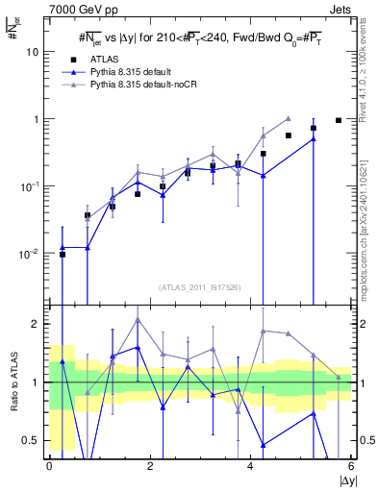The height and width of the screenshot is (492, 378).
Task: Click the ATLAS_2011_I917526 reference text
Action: (x=200, y=287)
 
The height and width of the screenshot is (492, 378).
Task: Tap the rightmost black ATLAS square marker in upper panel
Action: (x=339, y=120)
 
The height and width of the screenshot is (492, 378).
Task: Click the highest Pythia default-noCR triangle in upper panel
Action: (x=289, y=119)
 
